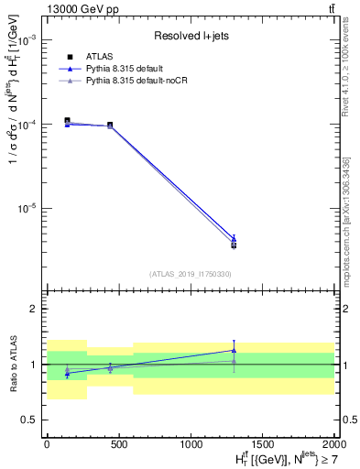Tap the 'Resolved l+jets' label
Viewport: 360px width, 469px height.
click(x=191, y=37)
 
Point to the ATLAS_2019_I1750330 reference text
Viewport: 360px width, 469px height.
click(x=191, y=273)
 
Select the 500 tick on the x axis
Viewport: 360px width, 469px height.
click(x=119, y=442)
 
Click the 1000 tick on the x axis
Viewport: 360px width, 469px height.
click(x=191, y=442)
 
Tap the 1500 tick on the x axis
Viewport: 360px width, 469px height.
click(x=264, y=442)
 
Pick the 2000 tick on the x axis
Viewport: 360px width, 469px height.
click(x=335, y=442)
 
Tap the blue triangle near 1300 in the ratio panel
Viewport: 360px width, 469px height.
click(x=234, y=350)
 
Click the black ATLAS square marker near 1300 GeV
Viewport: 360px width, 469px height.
click(x=234, y=245)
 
